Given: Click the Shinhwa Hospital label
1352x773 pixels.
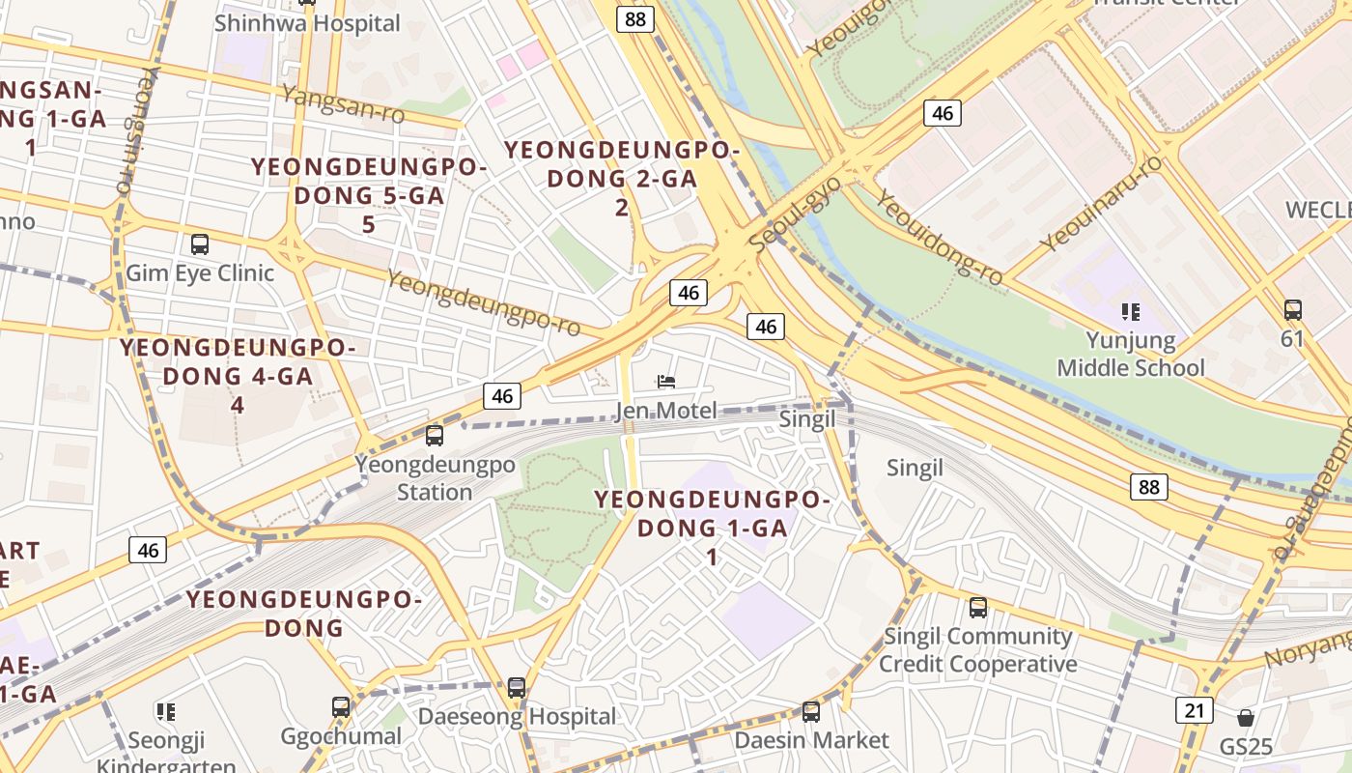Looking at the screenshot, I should click(x=307, y=22).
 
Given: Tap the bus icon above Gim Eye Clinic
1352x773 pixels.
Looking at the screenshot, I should click(x=200, y=243).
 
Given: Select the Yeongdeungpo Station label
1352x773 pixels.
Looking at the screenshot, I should click(x=435, y=477).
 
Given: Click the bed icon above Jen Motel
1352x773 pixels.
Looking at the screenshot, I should click(x=665, y=383).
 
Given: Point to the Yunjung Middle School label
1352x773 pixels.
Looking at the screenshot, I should click(x=1131, y=354).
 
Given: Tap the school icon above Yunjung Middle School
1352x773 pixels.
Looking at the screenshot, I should click(x=1131, y=311).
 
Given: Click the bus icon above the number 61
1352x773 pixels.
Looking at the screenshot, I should click(x=1292, y=310).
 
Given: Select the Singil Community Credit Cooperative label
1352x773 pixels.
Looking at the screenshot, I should click(x=977, y=649).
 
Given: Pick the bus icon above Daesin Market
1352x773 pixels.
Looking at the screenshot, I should click(x=811, y=712).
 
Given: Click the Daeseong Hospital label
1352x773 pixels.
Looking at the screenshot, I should click(x=517, y=716).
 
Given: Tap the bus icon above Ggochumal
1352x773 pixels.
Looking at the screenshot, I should click(x=341, y=707).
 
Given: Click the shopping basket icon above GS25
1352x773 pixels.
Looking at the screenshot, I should click(x=1246, y=718).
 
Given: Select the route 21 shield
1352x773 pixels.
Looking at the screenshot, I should click(x=1195, y=710).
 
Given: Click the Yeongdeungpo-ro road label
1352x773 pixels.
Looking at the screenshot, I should click(x=484, y=302).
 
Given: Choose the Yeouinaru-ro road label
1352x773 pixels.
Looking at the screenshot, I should click(x=1102, y=204).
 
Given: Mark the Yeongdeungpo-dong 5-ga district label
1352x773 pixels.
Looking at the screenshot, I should click(x=369, y=195).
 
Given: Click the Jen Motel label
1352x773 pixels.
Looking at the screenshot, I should click(x=665, y=412).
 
